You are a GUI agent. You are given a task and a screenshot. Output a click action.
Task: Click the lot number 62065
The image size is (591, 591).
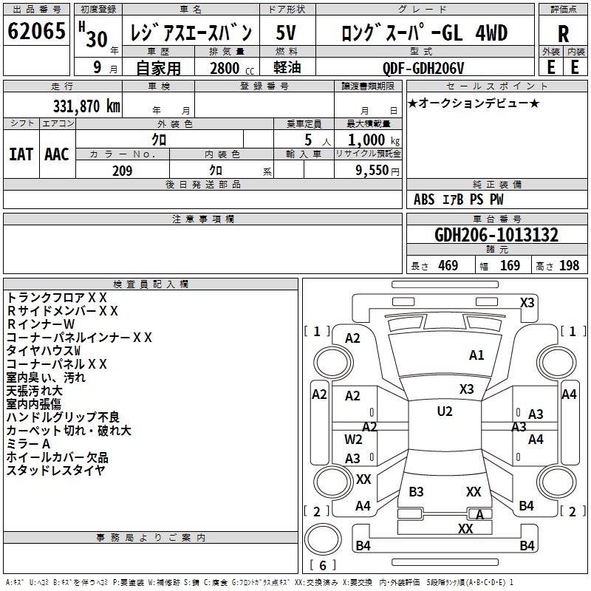36,31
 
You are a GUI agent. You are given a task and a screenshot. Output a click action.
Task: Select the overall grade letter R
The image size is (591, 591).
563,34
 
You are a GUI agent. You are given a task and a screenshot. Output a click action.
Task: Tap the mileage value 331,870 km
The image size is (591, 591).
86,106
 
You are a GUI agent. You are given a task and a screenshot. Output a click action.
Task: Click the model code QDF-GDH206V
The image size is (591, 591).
423,69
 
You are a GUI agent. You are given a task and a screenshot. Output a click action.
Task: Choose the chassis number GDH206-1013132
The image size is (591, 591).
496,235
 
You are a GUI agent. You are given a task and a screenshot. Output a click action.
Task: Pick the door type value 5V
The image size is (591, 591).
286,33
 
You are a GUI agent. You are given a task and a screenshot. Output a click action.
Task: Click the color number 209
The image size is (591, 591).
123,171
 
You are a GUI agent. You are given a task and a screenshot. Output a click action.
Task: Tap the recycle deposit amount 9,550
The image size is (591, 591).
372,171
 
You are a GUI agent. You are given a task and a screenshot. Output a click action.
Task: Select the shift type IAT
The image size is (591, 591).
21,154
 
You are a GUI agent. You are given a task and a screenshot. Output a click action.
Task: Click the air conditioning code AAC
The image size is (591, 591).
57,154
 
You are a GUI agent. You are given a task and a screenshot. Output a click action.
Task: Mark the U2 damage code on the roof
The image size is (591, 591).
445,411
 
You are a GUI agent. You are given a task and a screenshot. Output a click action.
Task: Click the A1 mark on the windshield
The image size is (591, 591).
476,355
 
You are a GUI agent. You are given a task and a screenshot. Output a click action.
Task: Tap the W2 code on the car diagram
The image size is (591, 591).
353,440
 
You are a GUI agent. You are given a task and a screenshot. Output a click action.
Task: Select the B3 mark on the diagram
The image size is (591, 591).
416,492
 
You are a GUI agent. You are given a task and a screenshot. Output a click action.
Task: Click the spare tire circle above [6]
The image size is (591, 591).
323,539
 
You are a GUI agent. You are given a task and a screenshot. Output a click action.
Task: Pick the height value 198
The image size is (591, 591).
569,266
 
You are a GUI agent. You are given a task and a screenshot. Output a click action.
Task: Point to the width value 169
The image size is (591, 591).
510,266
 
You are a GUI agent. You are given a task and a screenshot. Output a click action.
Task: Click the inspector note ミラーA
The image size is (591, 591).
28,444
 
